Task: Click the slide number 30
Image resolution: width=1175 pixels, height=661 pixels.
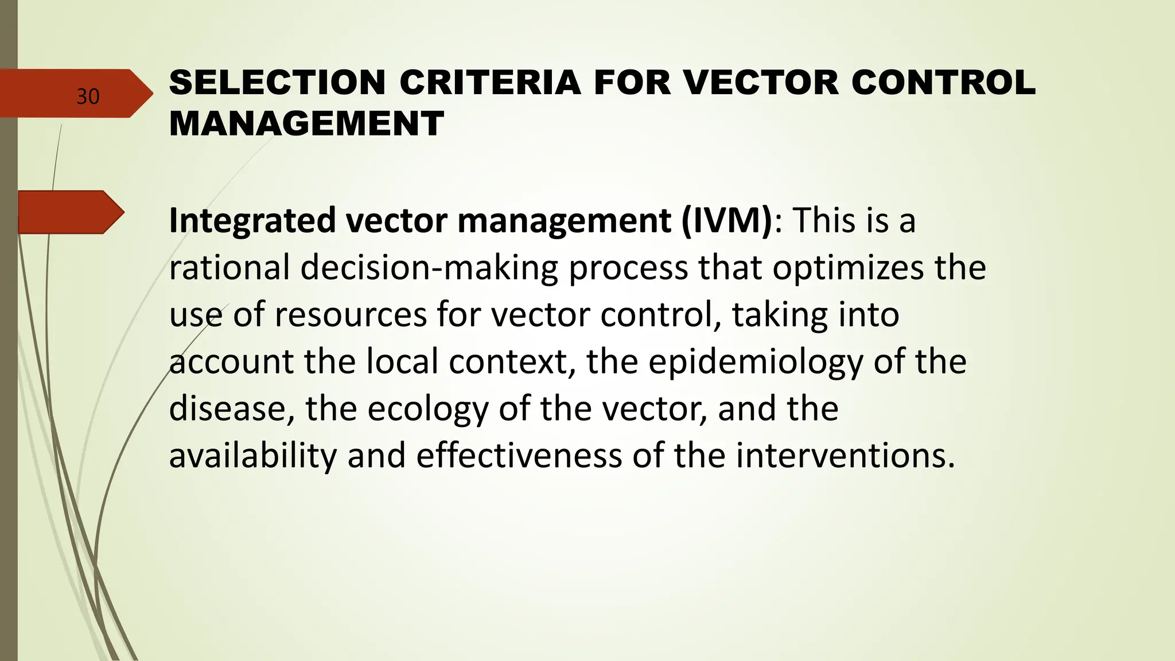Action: pyautogui.click(x=88, y=96)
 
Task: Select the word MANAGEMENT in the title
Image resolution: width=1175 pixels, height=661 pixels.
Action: pyautogui.click(x=306, y=123)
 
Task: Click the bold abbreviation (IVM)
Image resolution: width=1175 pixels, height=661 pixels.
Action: pyautogui.click(x=727, y=220)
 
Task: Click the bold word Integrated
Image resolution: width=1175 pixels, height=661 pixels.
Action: pyautogui.click(x=252, y=221)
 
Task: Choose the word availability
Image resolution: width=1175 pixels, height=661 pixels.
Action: pyautogui.click(x=253, y=456)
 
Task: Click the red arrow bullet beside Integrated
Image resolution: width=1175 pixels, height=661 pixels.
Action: pyautogui.click(x=70, y=212)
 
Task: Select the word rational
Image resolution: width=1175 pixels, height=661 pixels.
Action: pyautogui.click(x=229, y=268)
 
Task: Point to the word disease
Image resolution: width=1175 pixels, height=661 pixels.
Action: pyautogui.click(x=231, y=409)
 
